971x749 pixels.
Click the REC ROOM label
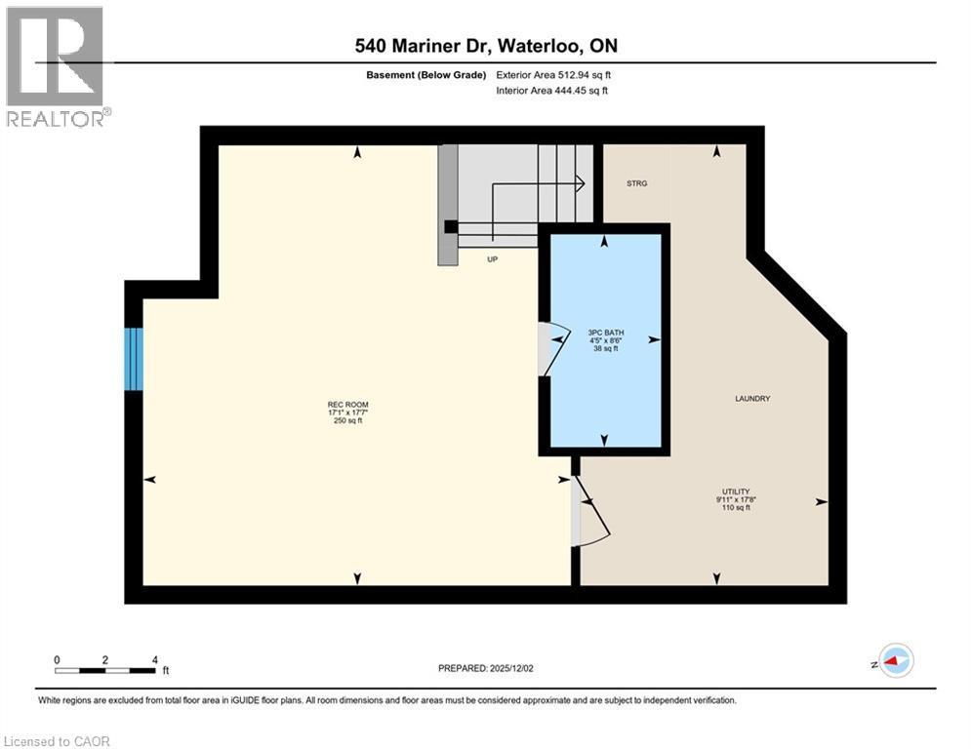click(x=347, y=404)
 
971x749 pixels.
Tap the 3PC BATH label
click(x=605, y=332)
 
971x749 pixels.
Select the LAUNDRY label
click(x=752, y=398)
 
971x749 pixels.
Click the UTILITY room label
click(x=735, y=492)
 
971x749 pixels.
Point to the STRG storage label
click(x=636, y=182)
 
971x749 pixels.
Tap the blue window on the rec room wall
click(x=134, y=359)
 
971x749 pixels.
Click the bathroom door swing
click(x=552, y=347)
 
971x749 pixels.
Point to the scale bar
click(x=105, y=669)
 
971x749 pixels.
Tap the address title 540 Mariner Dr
click(x=485, y=46)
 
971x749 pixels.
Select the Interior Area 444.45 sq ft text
click(x=551, y=91)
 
